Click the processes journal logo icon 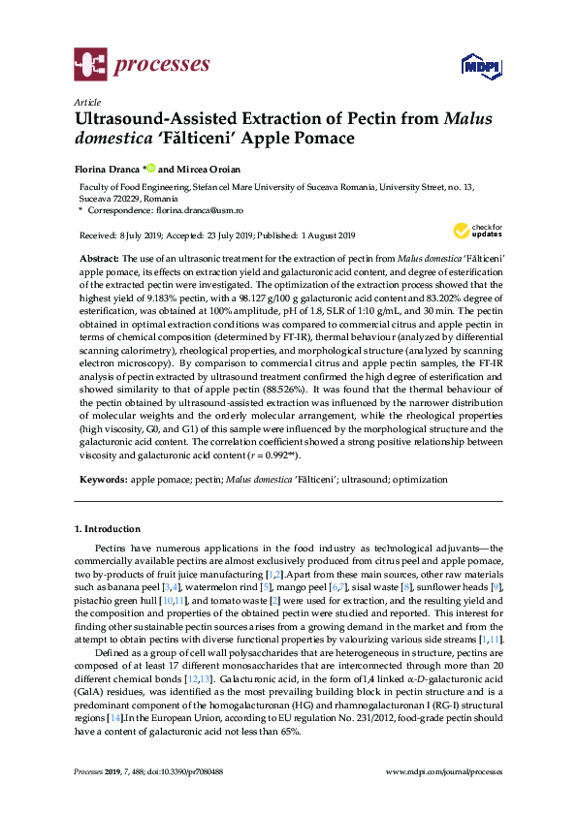(x=90, y=66)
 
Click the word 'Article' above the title (x=86, y=102)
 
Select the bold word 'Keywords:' (x=102, y=481)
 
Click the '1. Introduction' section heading (x=107, y=529)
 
